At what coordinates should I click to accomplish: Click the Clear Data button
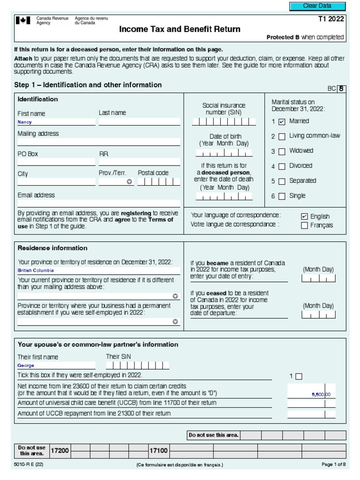317,6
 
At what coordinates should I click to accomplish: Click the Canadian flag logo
22,21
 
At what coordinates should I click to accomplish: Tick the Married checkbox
282,122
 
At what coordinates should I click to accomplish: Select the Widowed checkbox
282,151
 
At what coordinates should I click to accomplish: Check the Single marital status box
282,196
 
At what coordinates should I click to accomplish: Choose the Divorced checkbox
282,166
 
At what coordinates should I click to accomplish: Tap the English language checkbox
304,217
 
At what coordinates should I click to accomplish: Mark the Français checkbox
304,225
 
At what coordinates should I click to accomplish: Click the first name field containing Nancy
56,122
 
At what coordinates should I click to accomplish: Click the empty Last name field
139,122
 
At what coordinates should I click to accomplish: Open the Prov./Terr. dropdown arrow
129,182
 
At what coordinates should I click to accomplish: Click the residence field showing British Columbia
98,270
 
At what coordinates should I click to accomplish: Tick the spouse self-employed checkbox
299,376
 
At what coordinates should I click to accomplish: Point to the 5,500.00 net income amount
321,395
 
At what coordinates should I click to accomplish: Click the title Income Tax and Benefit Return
180,30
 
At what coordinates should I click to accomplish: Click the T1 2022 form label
330,19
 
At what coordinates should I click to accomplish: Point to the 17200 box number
60,450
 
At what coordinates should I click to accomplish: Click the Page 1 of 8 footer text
334,465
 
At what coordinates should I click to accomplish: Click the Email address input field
98,203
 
